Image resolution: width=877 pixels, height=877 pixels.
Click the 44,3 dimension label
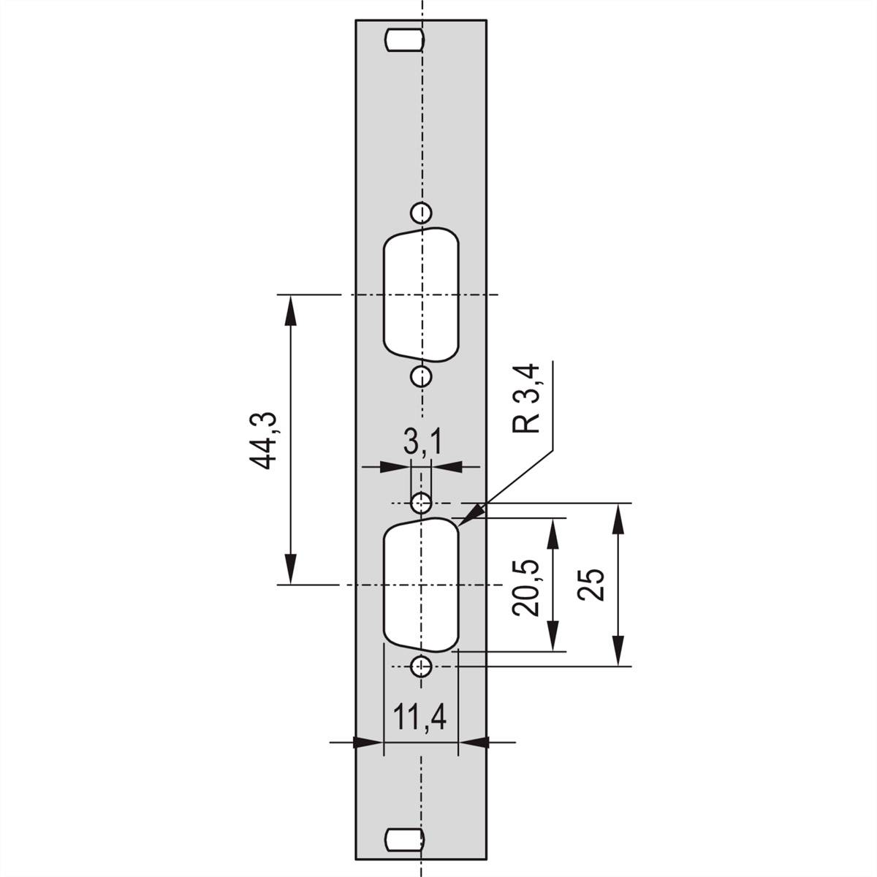(x=263, y=439)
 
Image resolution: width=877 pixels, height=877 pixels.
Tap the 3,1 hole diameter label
(x=421, y=444)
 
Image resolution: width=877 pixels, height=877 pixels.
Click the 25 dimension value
(x=591, y=584)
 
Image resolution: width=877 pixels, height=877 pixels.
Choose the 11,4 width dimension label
(x=420, y=718)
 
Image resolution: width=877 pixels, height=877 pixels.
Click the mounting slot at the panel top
(x=403, y=39)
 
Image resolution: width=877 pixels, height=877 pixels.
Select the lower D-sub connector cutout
(x=421, y=585)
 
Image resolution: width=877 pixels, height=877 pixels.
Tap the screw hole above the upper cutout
(x=420, y=212)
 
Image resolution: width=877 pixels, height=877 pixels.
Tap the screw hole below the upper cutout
(x=420, y=376)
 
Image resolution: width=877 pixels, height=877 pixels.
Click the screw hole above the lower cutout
(x=421, y=502)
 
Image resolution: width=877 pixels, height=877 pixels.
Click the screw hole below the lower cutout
(x=421, y=666)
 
